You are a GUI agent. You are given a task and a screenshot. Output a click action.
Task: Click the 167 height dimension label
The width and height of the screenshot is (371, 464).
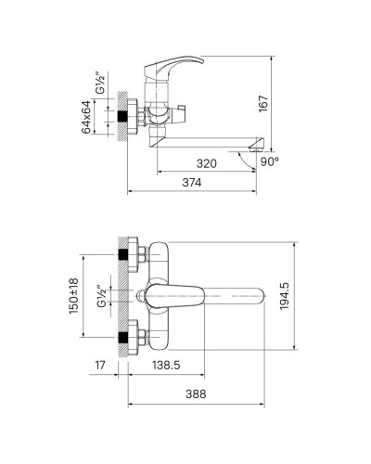tap(263, 104)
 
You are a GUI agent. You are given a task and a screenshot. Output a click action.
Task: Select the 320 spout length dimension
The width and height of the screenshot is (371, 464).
tap(207, 163)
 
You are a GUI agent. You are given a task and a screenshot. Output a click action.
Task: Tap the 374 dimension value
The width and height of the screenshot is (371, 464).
tap(192, 183)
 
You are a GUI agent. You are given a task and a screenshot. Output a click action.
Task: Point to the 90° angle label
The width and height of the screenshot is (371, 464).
tap(269, 161)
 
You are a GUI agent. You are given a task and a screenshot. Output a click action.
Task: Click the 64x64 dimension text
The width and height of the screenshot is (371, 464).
tap(86, 117)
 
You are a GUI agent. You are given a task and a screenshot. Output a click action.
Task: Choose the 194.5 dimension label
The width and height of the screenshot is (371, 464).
tap(284, 296)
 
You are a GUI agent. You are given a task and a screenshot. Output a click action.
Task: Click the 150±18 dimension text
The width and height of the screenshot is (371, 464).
tap(73, 296)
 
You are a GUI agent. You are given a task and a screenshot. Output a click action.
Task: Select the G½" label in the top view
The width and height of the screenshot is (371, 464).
tap(101, 296)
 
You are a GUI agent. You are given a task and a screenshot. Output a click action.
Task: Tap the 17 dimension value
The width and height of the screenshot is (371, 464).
tap(100, 365)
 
